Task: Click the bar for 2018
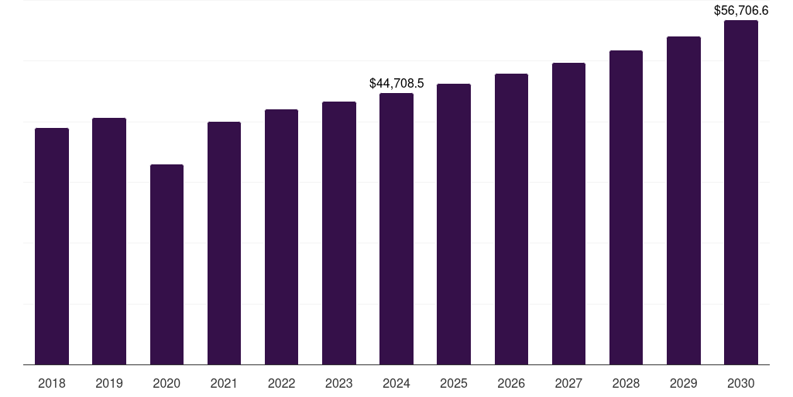[x=52, y=246]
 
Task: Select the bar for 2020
[x=166, y=264]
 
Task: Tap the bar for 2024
[x=396, y=229]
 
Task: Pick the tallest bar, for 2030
[x=740, y=192]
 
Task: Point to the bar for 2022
[x=281, y=236]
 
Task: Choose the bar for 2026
[x=511, y=219]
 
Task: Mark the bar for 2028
[x=626, y=207]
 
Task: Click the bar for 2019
[x=109, y=241]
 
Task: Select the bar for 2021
[x=224, y=243]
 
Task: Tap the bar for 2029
[x=683, y=200]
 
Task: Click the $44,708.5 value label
[x=396, y=83]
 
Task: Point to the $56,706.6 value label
[x=740, y=11]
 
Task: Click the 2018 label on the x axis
[x=52, y=384]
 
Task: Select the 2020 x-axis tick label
[x=166, y=384]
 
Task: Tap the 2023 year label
[x=338, y=384]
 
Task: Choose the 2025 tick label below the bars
[x=454, y=384]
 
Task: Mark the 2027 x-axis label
[x=568, y=384]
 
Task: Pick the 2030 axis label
[x=740, y=384]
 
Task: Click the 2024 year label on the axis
[x=396, y=384]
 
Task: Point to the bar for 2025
[x=454, y=224]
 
